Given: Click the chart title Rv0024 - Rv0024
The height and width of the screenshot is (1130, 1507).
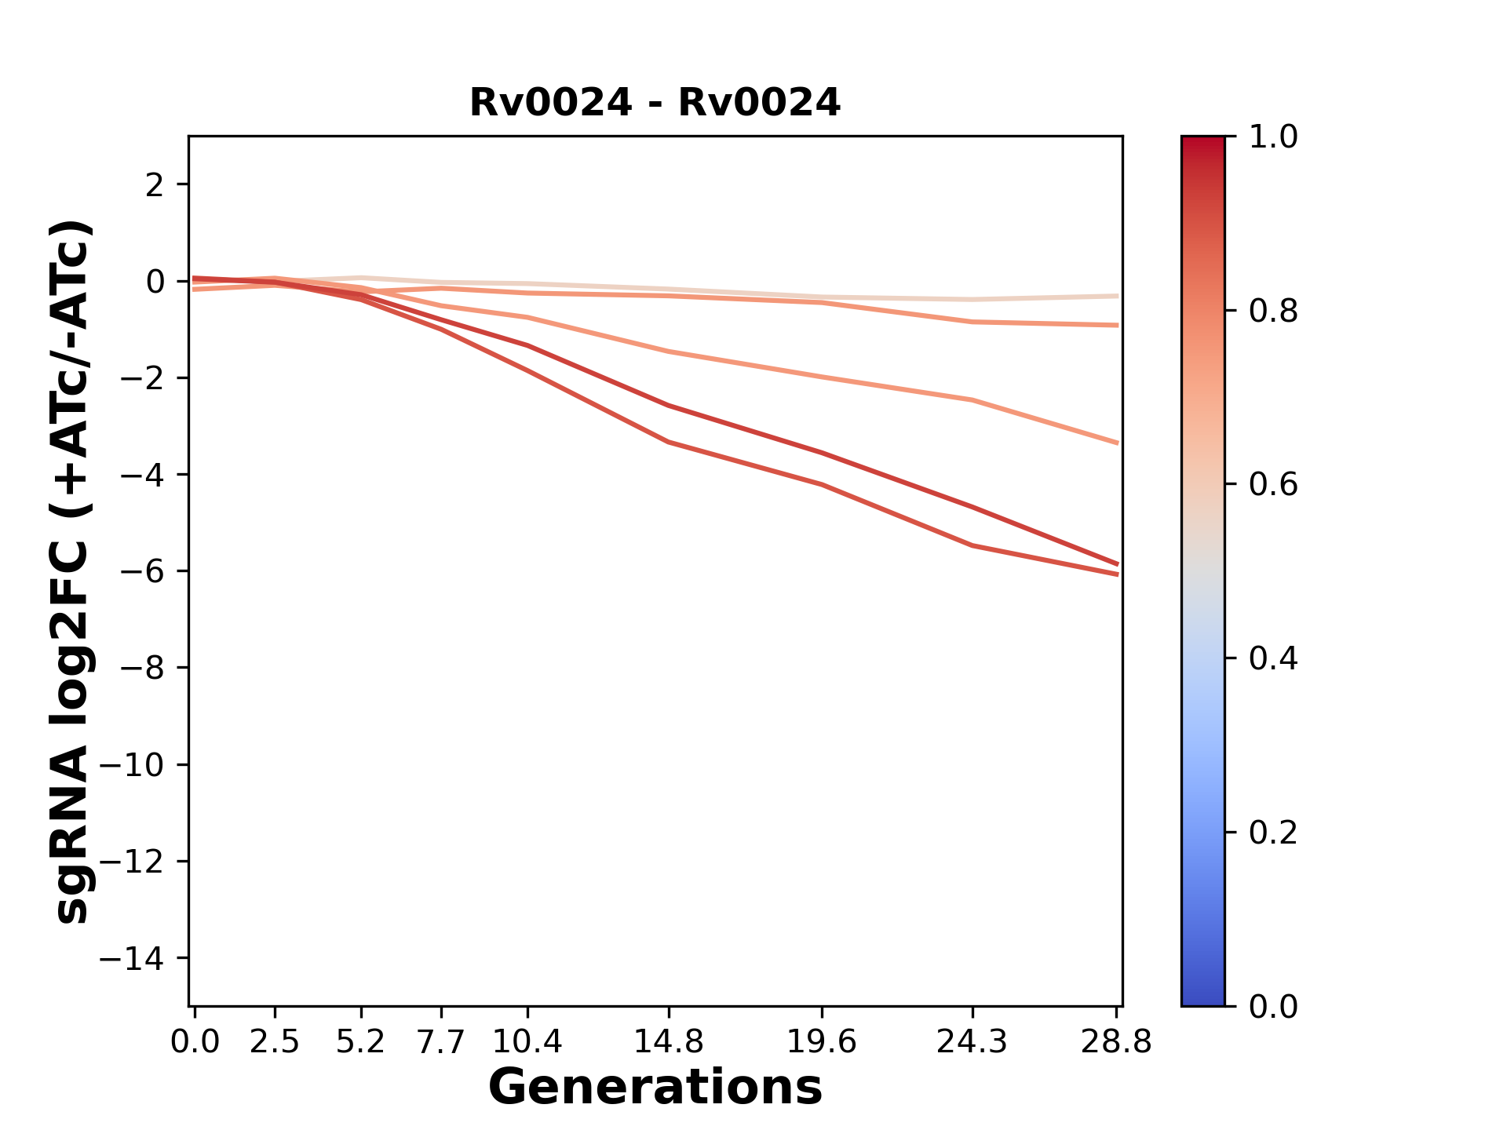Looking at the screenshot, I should click(x=655, y=103).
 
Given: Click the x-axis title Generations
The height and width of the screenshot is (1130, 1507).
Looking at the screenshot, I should click(x=655, y=1088).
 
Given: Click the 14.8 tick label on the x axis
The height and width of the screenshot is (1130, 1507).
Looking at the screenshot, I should click(x=668, y=1042).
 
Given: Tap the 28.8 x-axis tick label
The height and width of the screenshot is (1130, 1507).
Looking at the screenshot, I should click(x=1116, y=1042).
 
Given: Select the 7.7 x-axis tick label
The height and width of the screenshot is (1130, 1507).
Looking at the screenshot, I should click(x=441, y=1042).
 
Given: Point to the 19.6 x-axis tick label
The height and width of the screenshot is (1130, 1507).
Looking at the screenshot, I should click(x=821, y=1042).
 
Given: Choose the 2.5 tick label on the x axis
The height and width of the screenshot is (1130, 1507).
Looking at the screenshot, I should click(x=275, y=1042).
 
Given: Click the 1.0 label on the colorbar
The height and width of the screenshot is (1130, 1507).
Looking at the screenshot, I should click(x=1273, y=137).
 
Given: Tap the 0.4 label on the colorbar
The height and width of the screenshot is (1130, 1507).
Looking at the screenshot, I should click(x=1273, y=658).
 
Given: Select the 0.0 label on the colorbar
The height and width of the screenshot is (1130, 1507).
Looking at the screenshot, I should click(x=1273, y=1006).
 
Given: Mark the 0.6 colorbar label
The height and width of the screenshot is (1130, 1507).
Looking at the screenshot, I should click(x=1273, y=485).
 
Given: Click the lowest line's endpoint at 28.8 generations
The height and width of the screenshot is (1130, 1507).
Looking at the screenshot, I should click(x=1117, y=574).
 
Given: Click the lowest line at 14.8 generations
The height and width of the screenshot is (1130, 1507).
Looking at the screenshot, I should click(x=668, y=442).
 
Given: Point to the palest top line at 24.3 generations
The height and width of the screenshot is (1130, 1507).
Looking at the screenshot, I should click(x=972, y=300).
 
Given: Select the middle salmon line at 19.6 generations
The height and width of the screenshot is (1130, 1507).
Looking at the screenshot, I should click(x=821, y=377).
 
